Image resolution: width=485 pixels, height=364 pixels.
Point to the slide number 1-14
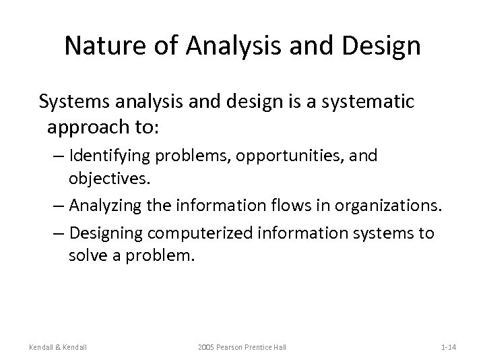[x=449, y=346]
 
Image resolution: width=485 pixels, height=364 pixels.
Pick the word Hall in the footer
[x=279, y=346]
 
